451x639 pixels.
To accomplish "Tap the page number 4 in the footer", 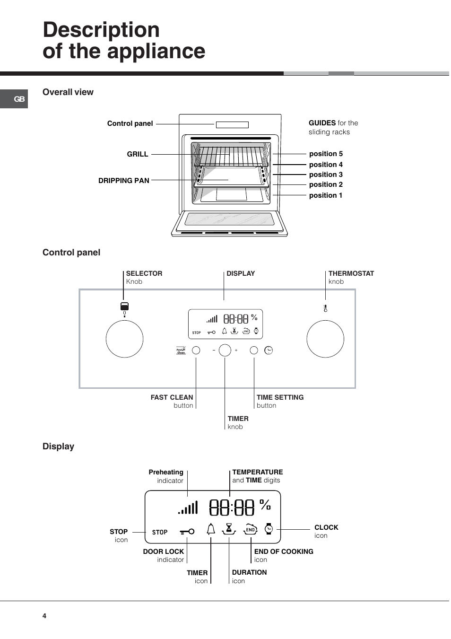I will [x=44, y=616].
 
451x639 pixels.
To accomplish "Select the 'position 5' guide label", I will [x=326, y=154].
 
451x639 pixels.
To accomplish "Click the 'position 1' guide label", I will [x=326, y=195].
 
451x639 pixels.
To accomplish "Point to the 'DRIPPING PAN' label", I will [x=124, y=181].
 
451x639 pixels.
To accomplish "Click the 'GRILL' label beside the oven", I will [x=138, y=154].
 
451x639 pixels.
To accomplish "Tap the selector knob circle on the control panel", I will [x=124, y=339].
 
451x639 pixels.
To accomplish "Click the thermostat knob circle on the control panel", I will [x=325, y=339].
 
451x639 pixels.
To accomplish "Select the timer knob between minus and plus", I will [x=225, y=350].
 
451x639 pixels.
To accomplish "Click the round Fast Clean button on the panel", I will [x=196, y=350].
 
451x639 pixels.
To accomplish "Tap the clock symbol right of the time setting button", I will [x=269, y=350].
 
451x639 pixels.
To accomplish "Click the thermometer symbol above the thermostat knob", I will [x=325, y=308].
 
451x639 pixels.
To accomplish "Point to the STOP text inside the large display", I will [x=160, y=532].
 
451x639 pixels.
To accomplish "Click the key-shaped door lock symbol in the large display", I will [x=187, y=532].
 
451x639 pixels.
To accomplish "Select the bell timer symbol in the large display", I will [x=211, y=529].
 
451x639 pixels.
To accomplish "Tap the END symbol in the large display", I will [x=250, y=530].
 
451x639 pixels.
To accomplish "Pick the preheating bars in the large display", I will [x=188, y=508].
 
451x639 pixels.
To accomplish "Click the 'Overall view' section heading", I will [x=68, y=92].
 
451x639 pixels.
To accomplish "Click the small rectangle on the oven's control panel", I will [x=232, y=125].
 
